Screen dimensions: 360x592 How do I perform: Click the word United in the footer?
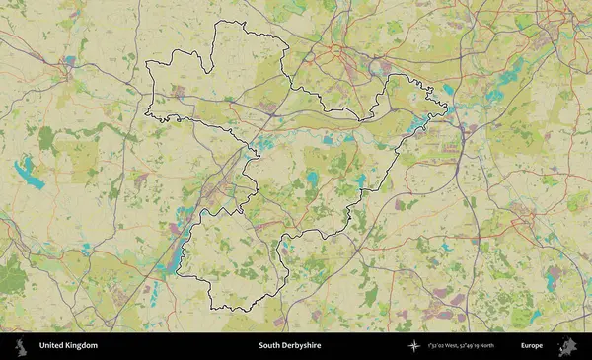click(53, 346)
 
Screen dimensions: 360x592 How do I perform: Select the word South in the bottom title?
click(270, 346)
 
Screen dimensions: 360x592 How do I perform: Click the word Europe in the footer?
click(532, 346)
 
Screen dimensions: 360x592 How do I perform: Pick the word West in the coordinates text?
click(451, 346)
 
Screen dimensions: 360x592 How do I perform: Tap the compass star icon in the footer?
click(413, 346)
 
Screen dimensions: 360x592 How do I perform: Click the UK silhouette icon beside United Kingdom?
click(21, 346)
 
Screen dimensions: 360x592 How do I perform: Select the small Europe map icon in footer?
click(567, 346)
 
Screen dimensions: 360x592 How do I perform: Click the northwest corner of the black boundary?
click(147, 63)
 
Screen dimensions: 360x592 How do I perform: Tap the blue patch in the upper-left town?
click(68, 61)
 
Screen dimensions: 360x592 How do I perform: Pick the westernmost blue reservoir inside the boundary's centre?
click(264, 144)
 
